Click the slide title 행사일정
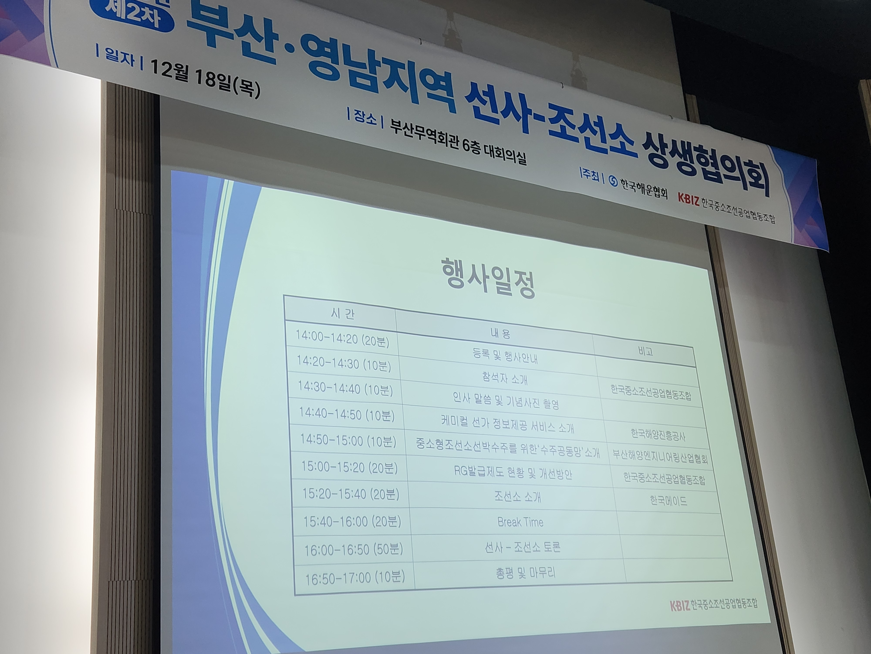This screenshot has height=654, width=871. (488, 278)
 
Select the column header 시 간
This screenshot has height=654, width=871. (343, 314)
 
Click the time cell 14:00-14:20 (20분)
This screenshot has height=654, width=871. (342, 338)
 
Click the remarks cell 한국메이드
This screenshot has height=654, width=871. (669, 501)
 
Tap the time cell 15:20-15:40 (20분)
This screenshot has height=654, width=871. (350, 494)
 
